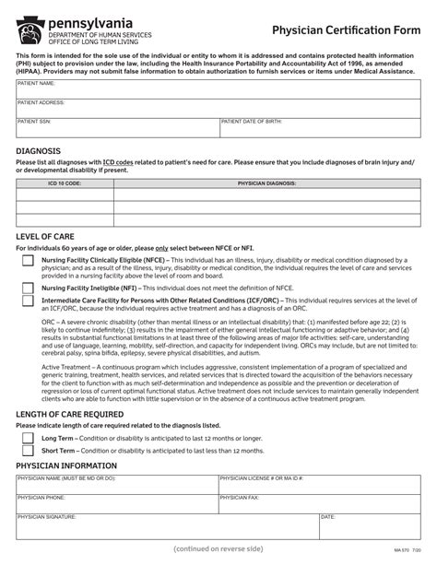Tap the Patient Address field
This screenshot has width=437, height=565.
218,108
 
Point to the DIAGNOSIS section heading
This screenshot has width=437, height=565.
39,149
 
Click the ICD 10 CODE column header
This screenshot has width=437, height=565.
64,183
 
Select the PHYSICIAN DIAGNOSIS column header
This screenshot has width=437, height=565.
266,183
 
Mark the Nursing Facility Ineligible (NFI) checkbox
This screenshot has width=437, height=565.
28,288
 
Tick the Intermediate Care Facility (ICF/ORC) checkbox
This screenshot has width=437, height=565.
28,303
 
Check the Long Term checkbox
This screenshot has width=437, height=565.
28,437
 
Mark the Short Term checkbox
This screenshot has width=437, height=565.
28,451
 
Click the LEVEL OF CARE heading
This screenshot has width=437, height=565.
45,236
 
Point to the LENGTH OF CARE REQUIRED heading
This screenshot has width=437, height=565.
77,414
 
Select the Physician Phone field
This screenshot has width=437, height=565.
116,502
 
